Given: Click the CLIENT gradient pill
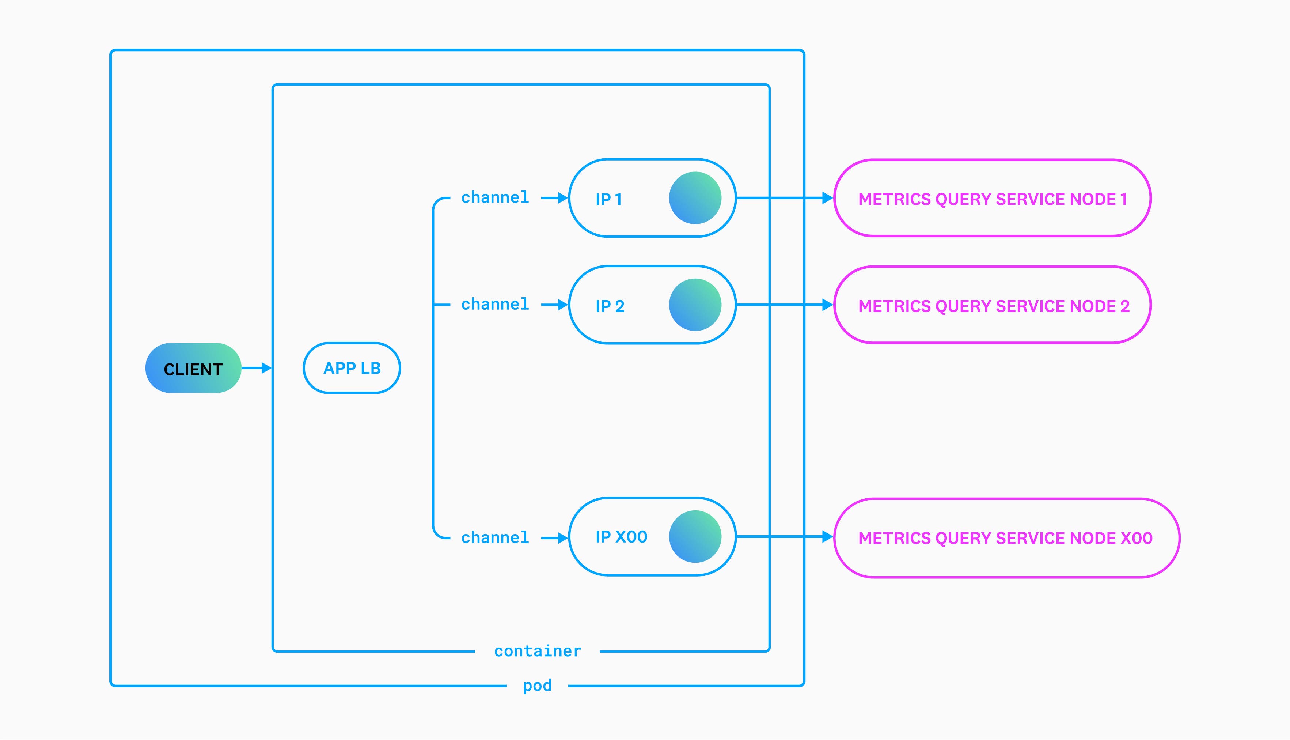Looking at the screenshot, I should coord(193,368).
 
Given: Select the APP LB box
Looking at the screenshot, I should coord(352,368).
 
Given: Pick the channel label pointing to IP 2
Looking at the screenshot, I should coord(495,305).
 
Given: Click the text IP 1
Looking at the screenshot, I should coord(608,199).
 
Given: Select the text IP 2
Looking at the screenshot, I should coord(610,306).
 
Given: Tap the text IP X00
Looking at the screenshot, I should coord(621,537).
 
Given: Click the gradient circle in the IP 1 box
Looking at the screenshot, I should coord(695,198).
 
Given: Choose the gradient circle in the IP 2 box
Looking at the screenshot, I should coord(695,305).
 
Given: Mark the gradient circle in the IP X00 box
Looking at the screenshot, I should coord(695,537).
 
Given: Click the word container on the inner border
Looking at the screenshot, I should coord(537,651).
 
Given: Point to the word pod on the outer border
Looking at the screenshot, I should coord(537,686).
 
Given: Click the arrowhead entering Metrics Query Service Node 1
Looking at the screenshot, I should coord(827,198).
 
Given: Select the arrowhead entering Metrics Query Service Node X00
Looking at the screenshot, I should coord(827,537).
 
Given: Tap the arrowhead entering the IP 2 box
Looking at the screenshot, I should coord(563,305).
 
